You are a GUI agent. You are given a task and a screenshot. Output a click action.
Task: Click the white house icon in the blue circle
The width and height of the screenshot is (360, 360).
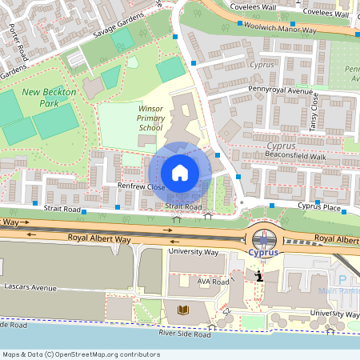coord(180,172)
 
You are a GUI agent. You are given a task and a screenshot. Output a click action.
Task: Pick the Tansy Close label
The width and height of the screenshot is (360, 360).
coord(314,112)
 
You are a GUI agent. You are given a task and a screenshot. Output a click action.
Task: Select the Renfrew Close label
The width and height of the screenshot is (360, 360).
coord(141,187)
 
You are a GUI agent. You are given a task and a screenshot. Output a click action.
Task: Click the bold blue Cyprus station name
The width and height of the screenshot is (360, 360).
coord(263,252)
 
